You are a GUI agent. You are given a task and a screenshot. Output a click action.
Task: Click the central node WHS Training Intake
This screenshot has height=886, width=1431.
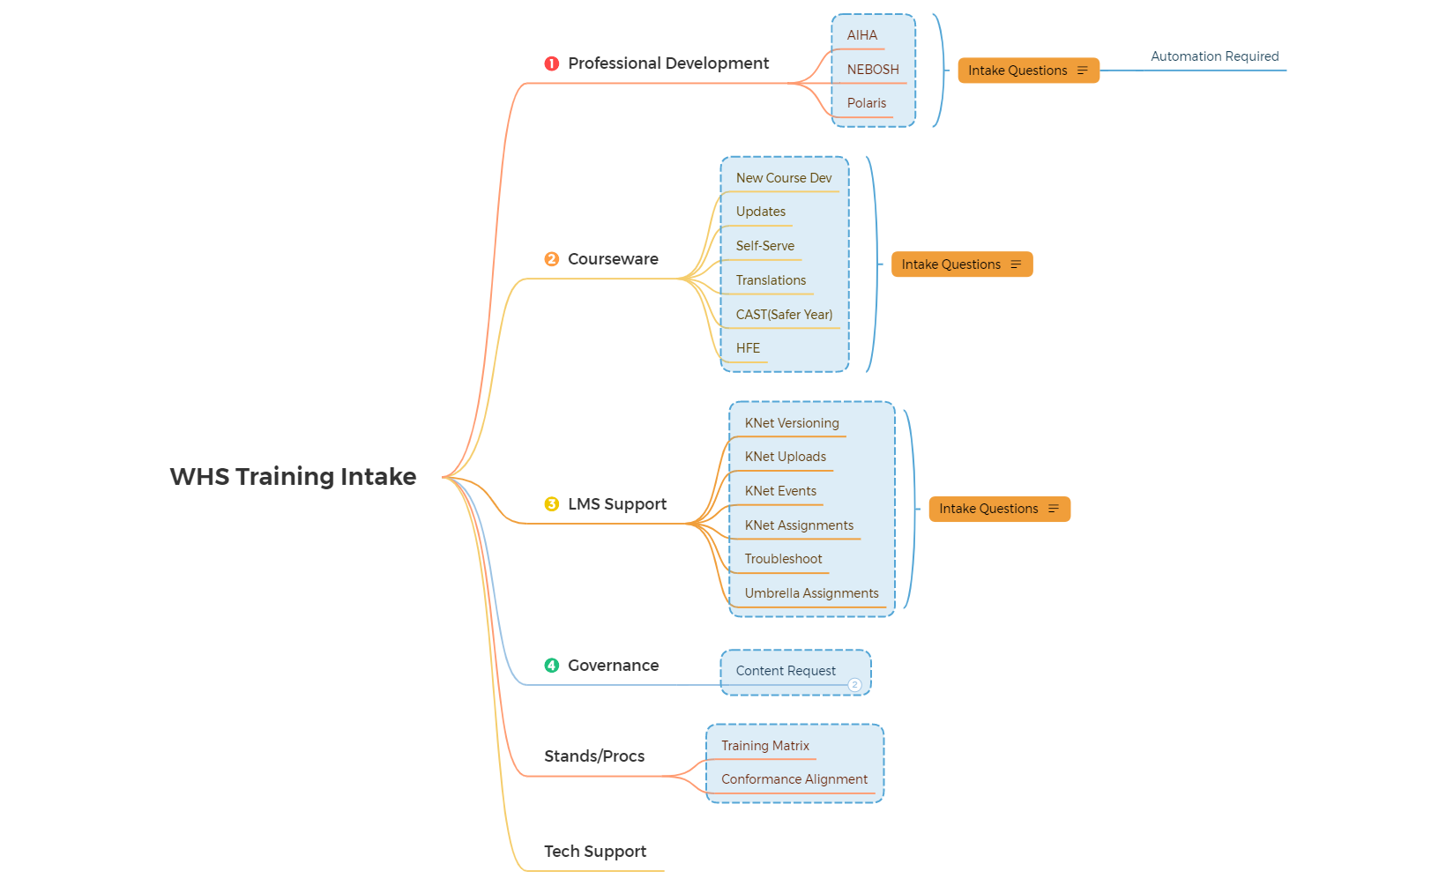pos(293,477)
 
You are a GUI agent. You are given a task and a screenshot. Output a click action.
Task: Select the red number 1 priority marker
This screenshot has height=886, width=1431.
pos(552,63)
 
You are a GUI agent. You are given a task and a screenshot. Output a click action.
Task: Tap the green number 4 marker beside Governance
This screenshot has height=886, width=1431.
pos(552,666)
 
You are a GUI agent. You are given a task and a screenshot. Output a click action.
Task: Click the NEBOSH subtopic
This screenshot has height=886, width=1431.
pos(873,70)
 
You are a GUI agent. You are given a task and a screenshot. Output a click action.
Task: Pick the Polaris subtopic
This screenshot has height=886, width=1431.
pos(867,103)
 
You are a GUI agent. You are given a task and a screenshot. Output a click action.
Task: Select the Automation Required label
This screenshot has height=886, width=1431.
pos(1214,56)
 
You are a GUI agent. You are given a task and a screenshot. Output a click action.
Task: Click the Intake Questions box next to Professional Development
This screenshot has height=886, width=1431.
pos(1017,71)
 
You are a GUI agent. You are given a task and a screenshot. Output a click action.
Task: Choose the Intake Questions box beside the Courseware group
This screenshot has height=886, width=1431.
pos(951,264)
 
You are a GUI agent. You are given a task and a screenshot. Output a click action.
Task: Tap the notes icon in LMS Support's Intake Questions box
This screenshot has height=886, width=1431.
pos(1054,509)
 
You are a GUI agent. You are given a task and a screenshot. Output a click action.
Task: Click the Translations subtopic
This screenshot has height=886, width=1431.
pos(771,280)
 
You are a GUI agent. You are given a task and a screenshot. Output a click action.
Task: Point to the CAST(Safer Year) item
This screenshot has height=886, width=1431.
pos(784,315)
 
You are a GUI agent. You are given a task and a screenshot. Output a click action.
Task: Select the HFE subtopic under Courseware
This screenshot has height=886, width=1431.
pos(748,348)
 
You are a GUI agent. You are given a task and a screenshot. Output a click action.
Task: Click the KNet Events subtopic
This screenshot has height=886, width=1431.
pos(780,491)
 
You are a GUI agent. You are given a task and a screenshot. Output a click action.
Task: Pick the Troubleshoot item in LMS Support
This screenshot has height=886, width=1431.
pos(783,559)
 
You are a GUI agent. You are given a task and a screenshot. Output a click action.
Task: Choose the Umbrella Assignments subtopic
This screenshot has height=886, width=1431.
pos(811,593)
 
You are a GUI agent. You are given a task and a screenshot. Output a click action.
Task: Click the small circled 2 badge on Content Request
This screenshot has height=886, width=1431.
pos(854,685)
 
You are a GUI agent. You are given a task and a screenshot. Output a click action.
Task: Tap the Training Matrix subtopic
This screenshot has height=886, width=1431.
pos(765,746)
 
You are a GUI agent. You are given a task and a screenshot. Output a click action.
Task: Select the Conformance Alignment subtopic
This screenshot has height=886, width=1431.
pos(794,779)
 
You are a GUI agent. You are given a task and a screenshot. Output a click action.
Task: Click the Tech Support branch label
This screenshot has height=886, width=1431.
pos(595,852)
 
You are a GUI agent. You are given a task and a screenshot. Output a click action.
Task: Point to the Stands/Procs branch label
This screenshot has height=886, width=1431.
pos(594,756)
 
